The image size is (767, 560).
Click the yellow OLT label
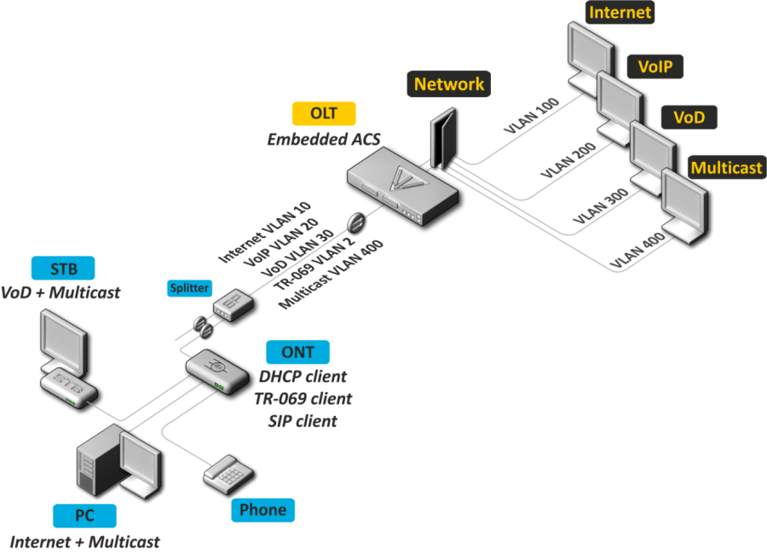click(324, 114)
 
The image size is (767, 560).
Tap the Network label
click(449, 84)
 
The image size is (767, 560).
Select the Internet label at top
click(620, 12)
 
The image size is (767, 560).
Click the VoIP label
click(655, 66)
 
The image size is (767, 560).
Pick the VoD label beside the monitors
click(689, 117)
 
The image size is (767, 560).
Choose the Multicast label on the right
click(726, 167)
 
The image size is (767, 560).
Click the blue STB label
click(63, 269)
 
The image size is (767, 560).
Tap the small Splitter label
click(189, 288)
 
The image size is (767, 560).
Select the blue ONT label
click(297, 352)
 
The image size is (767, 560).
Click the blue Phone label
click(262, 510)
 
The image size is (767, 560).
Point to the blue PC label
click(84, 516)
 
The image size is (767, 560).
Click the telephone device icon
click(226, 471)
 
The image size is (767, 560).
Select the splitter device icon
click(230, 305)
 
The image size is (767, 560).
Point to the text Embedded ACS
click(324, 139)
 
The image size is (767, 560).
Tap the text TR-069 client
click(302, 399)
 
